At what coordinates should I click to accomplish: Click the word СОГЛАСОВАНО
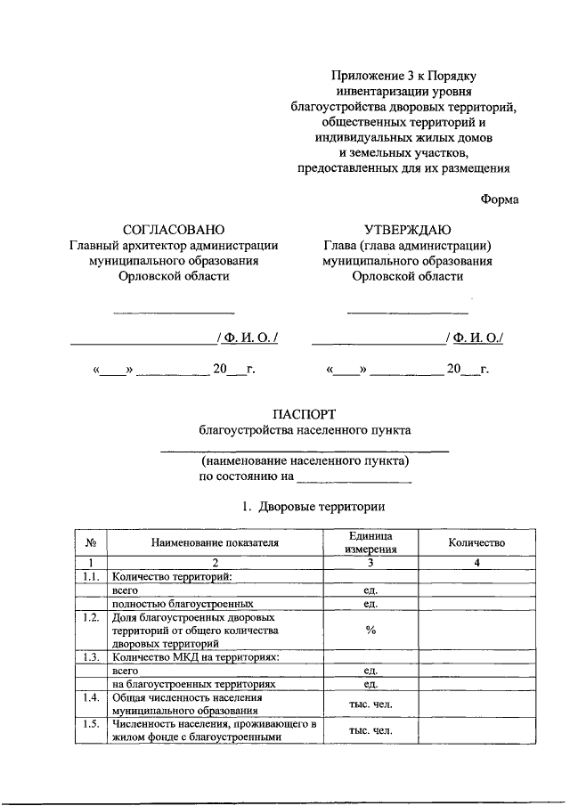pyautogui.click(x=174, y=229)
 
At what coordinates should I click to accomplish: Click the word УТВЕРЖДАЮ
pyautogui.click(x=407, y=229)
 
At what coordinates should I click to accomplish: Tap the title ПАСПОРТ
pyautogui.click(x=305, y=413)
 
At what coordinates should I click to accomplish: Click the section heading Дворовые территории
pyautogui.click(x=322, y=507)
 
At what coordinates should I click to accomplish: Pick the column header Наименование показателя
pyautogui.click(x=215, y=542)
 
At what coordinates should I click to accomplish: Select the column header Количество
pyautogui.click(x=476, y=542)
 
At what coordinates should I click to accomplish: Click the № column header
pyautogui.click(x=91, y=542)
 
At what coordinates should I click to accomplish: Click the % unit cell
pyautogui.click(x=370, y=630)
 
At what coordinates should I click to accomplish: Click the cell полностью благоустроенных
pyautogui.click(x=171, y=603)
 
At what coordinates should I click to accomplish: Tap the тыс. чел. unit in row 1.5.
pyautogui.click(x=370, y=731)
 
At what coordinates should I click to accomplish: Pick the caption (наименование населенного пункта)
pyautogui.click(x=305, y=461)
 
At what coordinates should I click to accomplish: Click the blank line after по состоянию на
pyautogui.click(x=354, y=477)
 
